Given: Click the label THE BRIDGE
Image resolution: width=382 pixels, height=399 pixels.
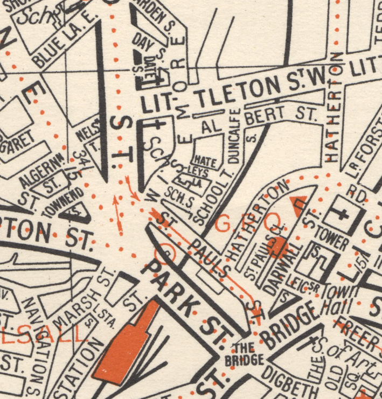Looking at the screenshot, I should (x=247, y=354).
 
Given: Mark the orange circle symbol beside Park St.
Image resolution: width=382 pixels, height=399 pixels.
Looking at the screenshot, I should (x=166, y=251).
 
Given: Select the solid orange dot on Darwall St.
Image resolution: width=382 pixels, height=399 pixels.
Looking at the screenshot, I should (x=278, y=247).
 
